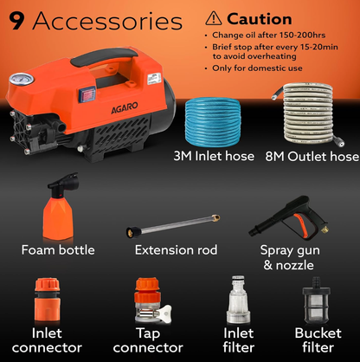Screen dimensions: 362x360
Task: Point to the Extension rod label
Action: (177, 250)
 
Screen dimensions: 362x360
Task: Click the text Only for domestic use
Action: (260, 67)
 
